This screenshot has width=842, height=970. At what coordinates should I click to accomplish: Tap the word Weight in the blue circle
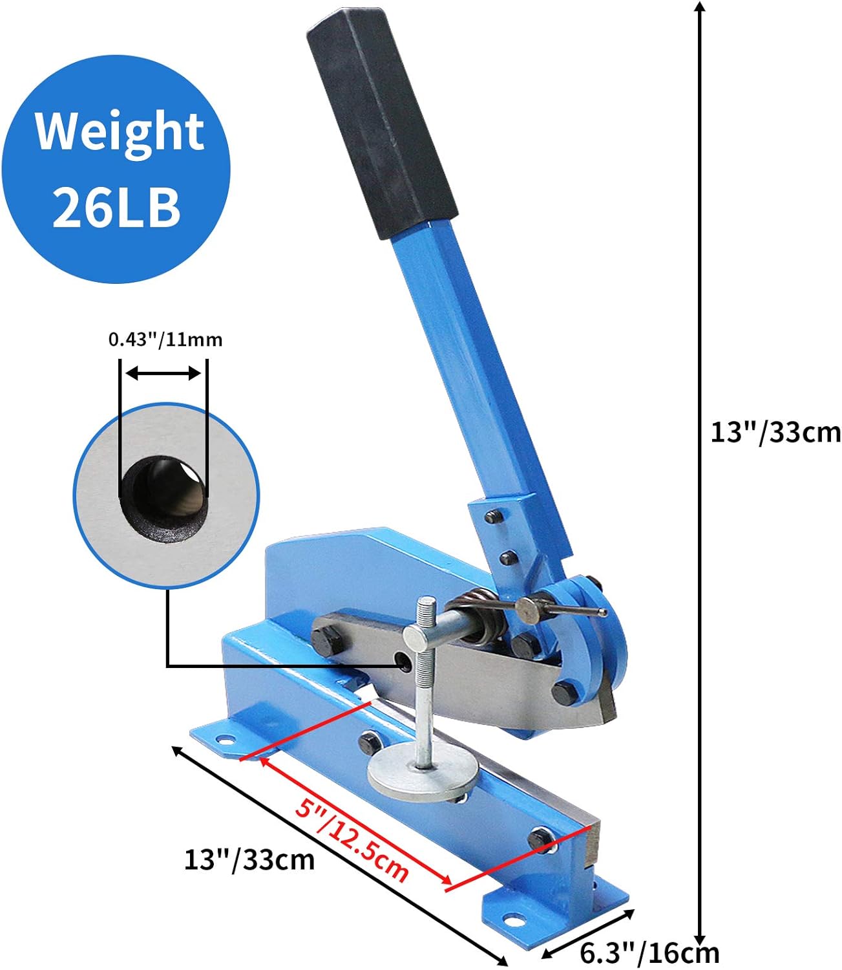point(120,132)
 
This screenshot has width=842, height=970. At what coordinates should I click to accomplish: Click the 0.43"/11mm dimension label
point(165,339)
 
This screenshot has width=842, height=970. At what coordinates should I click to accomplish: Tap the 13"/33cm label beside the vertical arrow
point(775,432)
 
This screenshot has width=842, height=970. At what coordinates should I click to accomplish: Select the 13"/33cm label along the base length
point(249,859)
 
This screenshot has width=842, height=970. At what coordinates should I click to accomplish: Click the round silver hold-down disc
point(423,773)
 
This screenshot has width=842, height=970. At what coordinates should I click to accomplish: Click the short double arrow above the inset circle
point(163,373)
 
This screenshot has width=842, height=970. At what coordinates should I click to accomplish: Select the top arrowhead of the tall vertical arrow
point(699,6)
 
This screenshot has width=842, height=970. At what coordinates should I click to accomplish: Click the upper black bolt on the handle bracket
point(494,517)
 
